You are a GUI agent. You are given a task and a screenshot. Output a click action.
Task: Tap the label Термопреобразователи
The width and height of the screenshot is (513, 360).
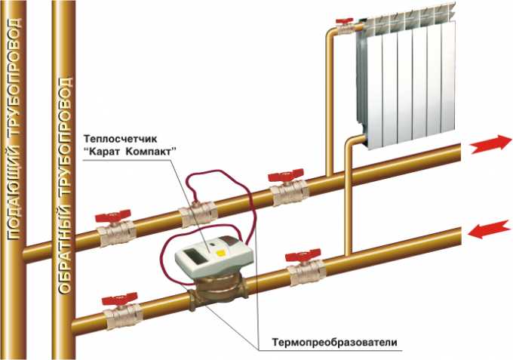coord(333,345)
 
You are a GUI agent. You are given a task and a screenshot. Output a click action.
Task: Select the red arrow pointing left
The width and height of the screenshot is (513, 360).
coord(487,229)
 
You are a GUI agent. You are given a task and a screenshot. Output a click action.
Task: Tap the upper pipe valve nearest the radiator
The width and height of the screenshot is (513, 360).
coord(287,189)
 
